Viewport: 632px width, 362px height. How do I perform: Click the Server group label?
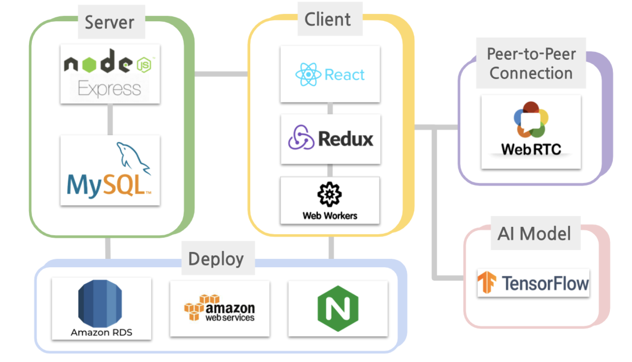click(x=110, y=22)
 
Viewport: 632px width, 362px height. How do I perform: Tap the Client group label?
click(x=328, y=19)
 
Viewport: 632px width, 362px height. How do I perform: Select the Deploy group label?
click(x=216, y=259)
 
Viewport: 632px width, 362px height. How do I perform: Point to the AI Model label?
click(x=534, y=234)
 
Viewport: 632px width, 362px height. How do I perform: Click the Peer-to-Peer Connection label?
click(x=531, y=64)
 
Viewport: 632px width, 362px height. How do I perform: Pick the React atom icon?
click(x=308, y=74)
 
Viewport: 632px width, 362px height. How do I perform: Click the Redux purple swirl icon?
click(x=301, y=138)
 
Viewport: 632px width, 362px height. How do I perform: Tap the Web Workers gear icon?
click(x=329, y=194)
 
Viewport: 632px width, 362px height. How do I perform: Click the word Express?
click(x=110, y=89)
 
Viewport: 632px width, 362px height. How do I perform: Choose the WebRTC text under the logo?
click(x=531, y=149)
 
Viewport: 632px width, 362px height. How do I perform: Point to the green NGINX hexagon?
click(x=338, y=309)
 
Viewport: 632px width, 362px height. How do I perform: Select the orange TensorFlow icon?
click(x=487, y=282)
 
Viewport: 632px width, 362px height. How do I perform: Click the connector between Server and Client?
click(x=221, y=74)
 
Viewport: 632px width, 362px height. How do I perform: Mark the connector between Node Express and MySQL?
click(x=110, y=119)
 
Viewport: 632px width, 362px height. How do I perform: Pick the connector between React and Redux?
click(x=330, y=108)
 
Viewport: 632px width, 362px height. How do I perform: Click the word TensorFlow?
click(x=545, y=284)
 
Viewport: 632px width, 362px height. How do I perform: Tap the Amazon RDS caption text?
click(x=101, y=333)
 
